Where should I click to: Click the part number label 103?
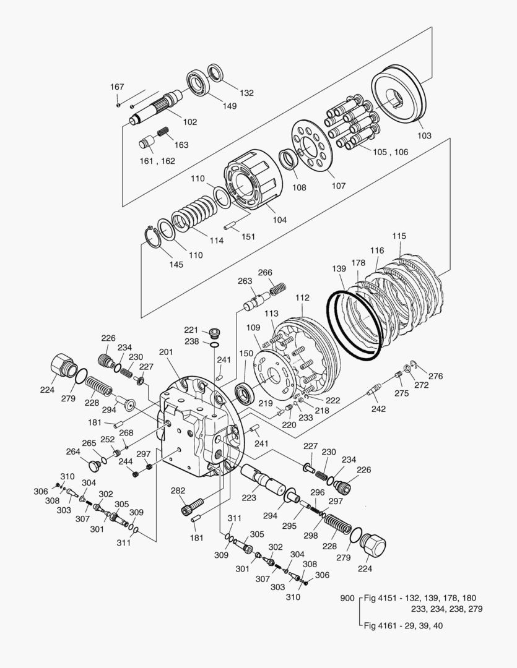point(424,135)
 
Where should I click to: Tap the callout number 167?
point(118,87)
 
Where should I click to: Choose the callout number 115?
point(399,236)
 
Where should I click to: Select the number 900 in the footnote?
point(348,598)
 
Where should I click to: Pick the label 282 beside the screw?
point(178,490)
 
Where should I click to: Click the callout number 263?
point(245,281)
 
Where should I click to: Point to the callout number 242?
point(379,409)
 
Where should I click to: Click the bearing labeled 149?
point(199,83)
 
